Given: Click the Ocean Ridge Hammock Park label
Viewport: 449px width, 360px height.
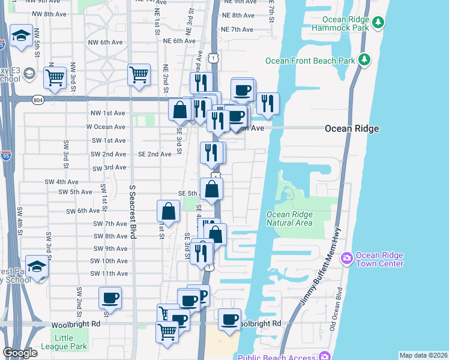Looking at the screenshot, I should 344,24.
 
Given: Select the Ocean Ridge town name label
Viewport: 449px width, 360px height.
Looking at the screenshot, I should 352,128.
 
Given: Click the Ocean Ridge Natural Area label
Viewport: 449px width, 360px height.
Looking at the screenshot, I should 289,218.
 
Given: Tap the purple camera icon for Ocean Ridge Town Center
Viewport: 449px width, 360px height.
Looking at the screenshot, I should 346,259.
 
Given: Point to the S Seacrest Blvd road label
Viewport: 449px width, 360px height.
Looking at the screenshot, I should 133,212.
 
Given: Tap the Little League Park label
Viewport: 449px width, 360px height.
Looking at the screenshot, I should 64,342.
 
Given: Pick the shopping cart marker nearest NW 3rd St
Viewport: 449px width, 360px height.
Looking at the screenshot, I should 55,76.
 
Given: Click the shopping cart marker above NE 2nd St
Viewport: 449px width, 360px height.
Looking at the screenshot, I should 139,74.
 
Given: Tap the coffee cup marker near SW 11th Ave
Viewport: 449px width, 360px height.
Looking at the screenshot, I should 110,297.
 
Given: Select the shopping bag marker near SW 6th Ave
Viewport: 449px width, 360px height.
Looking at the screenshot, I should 169,211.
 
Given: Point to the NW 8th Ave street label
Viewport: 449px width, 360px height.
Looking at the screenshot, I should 48,13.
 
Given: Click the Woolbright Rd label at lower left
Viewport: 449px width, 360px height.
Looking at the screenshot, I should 79,323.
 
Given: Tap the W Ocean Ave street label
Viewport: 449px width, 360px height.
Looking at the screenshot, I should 106,127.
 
